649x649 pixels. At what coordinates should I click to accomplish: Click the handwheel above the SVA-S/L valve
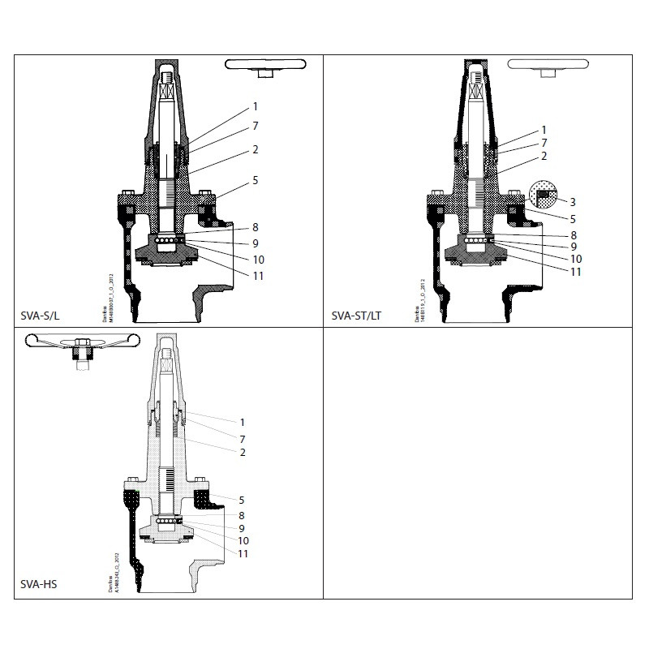(x=264, y=65)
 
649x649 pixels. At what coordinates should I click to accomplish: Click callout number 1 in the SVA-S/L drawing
(x=255, y=106)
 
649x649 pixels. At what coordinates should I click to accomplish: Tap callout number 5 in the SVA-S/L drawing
(x=255, y=180)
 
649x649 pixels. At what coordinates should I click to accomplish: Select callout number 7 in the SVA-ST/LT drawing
(x=544, y=143)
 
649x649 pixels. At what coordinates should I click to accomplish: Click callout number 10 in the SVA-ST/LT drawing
(x=576, y=259)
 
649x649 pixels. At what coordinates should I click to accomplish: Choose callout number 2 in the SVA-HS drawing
(x=243, y=452)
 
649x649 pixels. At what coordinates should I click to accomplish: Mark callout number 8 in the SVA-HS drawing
(x=243, y=514)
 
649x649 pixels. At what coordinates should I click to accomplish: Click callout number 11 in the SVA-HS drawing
(x=243, y=553)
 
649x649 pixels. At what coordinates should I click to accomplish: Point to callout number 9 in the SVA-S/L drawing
(x=255, y=243)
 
